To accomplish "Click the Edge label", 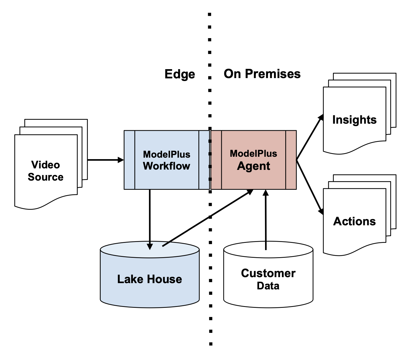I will coord(180,74).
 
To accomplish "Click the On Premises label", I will coord(262,74).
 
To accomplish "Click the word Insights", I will coord(354,120).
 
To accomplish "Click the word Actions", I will coord(354,221).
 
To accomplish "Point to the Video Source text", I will coord(46,171).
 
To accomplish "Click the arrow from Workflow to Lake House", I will coord(150,218).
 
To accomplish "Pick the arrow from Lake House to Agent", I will coord(208,218).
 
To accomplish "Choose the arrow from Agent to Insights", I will coord(310,137).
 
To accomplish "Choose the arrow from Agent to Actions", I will coord(310,186).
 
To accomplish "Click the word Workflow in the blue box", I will coord(166,166).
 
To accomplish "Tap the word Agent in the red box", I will coord(253,166).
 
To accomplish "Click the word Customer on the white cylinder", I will coord(268,273).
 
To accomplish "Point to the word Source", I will coord(46,177).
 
